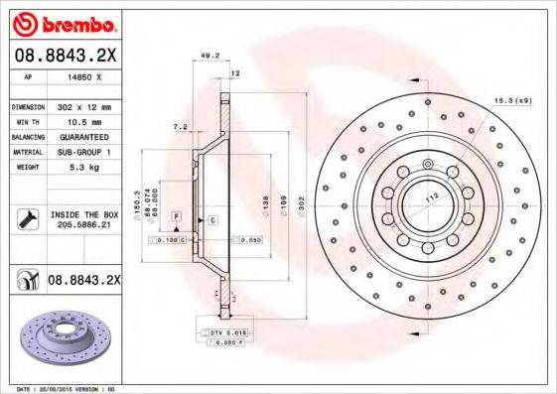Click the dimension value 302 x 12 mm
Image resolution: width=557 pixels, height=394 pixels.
pyautogui.click(x=81, y=104)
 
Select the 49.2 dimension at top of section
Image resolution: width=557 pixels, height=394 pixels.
pyautogui.click(x=209, y=56)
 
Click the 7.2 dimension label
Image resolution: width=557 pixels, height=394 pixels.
pyautogui.click(x=180, y=127)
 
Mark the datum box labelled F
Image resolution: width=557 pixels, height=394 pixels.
pyautogui.click(x=177, y=215)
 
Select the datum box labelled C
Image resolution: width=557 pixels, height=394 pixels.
pyautogui.click(x=211, y=217)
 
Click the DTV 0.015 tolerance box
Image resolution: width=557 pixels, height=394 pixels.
pyautogui.click(x=226, y=330)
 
